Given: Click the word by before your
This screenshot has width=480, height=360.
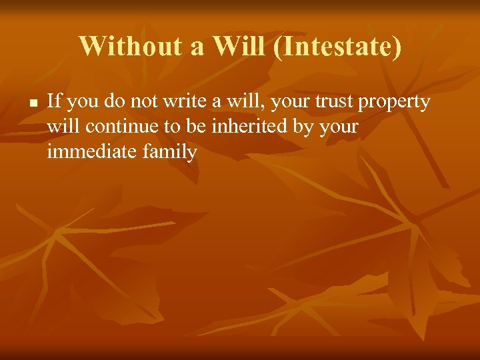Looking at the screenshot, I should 306,127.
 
